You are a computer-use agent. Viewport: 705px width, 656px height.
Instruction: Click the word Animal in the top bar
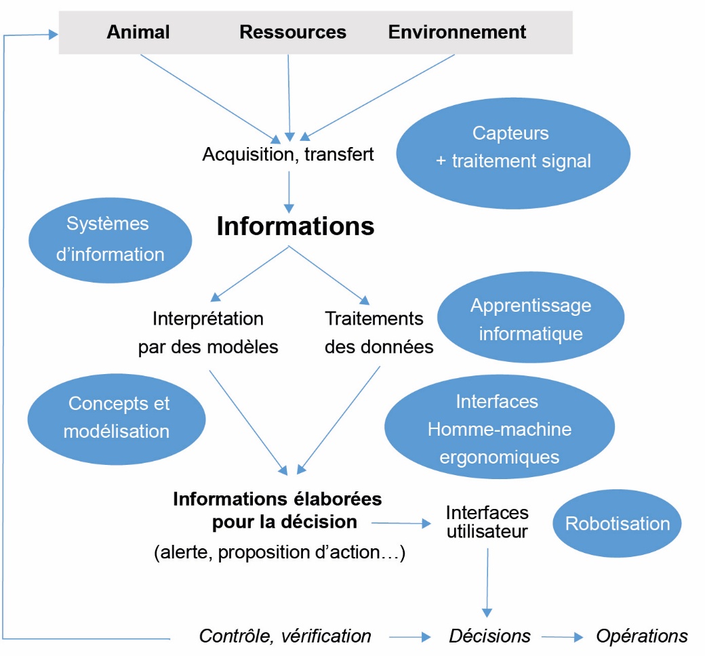click(138, 32)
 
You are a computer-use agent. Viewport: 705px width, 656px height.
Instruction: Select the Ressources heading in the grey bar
click(293, 32)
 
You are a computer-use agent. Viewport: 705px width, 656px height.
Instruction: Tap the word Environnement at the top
click(457, 32)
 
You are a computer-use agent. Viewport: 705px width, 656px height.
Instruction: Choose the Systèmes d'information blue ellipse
click(108, 239)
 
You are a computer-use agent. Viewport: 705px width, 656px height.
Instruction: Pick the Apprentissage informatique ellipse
click(530, 319)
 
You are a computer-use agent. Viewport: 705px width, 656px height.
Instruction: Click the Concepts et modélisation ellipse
click(117, 417)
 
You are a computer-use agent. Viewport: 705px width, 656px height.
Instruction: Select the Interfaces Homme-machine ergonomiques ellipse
click(500, 429)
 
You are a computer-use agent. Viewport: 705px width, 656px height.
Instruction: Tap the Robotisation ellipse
click(617, 524)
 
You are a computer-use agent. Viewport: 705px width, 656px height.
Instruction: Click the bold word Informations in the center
click(296, 226)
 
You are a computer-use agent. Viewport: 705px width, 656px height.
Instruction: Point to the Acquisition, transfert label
click(288, 155)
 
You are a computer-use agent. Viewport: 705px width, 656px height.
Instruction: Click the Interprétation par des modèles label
click(208, 332)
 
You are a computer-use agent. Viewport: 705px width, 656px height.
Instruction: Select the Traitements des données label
click(379, 332)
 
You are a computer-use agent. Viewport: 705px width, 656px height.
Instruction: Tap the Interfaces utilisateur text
click(487, 522)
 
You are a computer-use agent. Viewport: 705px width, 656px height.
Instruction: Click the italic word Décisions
click(489, 636)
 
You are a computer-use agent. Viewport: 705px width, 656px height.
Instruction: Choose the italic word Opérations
click(641, 636)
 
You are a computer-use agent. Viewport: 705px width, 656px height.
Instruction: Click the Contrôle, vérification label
click(285, 636)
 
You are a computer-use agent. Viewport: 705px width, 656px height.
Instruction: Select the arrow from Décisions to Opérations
click(562, 637)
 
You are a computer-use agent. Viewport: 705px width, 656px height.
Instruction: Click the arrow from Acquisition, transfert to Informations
click(289, 191)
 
